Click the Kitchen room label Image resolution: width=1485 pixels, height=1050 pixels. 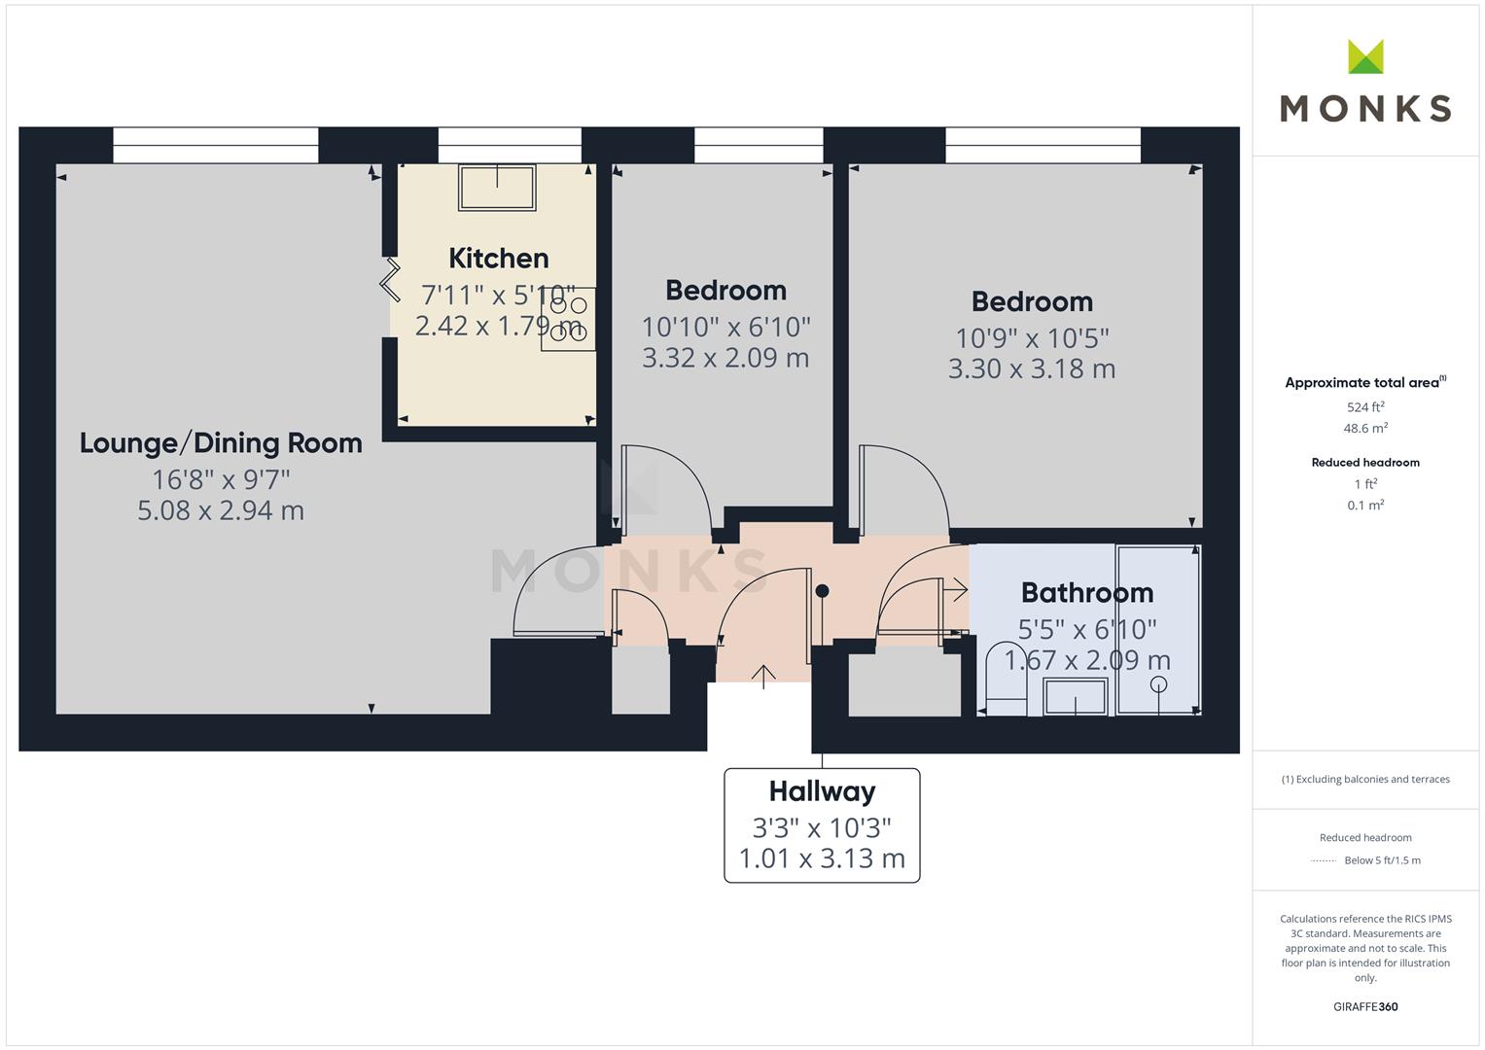[499, 258]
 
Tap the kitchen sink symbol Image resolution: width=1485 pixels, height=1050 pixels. [497, 188]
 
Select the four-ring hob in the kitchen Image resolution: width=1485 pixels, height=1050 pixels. [568, 319]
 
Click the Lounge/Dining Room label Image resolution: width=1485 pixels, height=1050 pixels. [221, 443]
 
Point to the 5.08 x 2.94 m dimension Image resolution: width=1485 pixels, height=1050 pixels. [221, 510]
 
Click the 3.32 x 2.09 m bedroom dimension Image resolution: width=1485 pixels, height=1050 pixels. [725, 358]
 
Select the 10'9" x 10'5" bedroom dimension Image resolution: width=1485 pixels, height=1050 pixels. [1032, 338]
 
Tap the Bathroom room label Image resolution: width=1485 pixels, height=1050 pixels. [1087, 593]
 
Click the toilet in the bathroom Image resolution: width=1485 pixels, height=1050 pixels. [1007, 679]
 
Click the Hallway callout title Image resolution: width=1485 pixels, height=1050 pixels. [822, 791]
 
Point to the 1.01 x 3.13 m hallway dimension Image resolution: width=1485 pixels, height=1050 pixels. [822, 858]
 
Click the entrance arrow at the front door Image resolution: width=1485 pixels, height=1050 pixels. [763, 677]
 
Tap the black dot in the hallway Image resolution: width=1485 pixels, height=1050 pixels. [822, 591]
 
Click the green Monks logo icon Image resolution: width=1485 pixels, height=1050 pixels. [1365, 56]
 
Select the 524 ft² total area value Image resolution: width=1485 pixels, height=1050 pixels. [1365, 407]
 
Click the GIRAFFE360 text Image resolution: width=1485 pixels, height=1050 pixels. [1365, 1006]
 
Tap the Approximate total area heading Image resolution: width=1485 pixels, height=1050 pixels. [1365, 382]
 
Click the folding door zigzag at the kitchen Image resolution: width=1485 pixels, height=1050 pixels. [391, 280]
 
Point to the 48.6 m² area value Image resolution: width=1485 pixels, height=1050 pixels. [1365, 428]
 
